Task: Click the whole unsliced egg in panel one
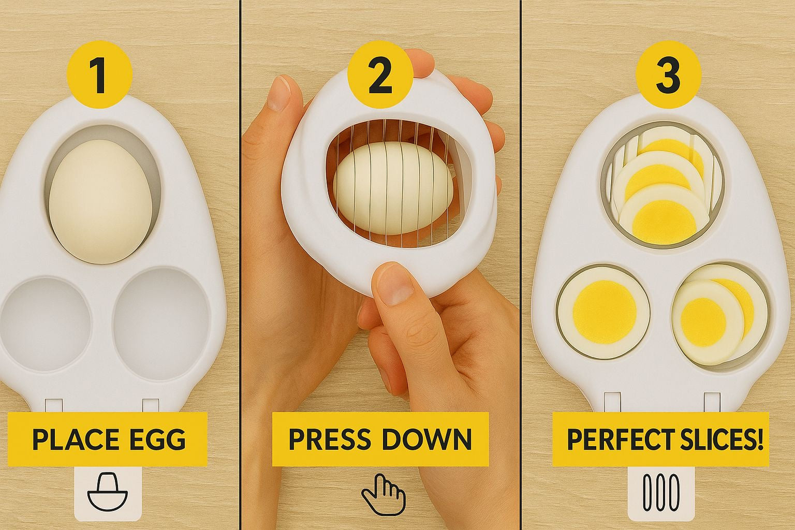coord(101,201)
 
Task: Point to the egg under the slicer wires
coord(393,188)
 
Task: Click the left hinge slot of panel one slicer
coord(54,405)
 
